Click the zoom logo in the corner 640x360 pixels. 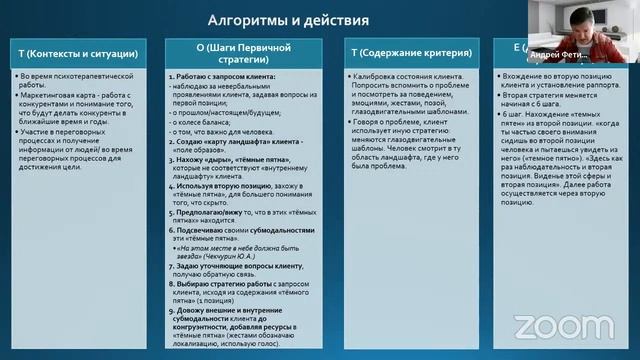coord(549,325)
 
